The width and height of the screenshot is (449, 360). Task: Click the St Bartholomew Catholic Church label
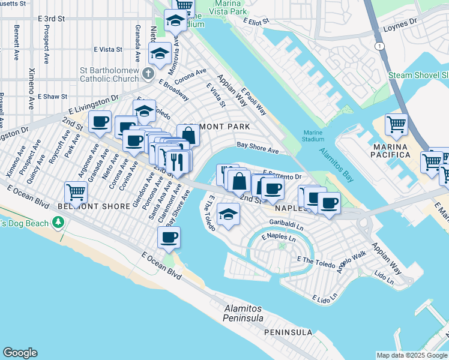(110, 74)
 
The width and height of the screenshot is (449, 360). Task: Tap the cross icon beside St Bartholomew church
(148, 74)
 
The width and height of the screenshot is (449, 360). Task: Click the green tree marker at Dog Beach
(58, 223)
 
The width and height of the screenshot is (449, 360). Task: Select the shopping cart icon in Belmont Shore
(76, 193)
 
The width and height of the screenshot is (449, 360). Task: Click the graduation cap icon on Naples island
(228, 214)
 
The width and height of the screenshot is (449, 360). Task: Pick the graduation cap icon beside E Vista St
(160, 53)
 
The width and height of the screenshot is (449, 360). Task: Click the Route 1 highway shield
(379, 46)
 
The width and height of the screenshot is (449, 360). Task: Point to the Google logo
(20, 353)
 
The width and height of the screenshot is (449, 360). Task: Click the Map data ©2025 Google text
(411, 355)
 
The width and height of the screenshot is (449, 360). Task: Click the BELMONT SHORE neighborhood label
(94, 206)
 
